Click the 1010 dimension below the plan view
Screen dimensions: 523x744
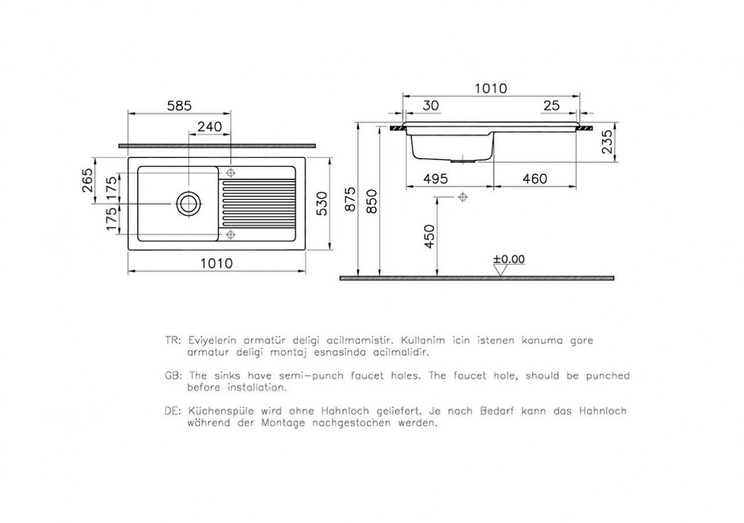coord(216,263)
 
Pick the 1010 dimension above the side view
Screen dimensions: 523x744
coord(491,88)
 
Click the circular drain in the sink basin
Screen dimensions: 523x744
coord(188,203)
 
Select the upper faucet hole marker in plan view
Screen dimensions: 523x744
coord(231,173)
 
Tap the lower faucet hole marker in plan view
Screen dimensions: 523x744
coord(231,234)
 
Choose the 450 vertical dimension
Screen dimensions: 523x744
coord(430,237)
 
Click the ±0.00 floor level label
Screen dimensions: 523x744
coord(509,259)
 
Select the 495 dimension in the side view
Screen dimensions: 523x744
coord(435,179)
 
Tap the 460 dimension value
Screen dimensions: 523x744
coord(534,179)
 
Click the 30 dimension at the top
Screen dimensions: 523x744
coord(431,105)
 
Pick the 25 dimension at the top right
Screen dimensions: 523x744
coord(550,105)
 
